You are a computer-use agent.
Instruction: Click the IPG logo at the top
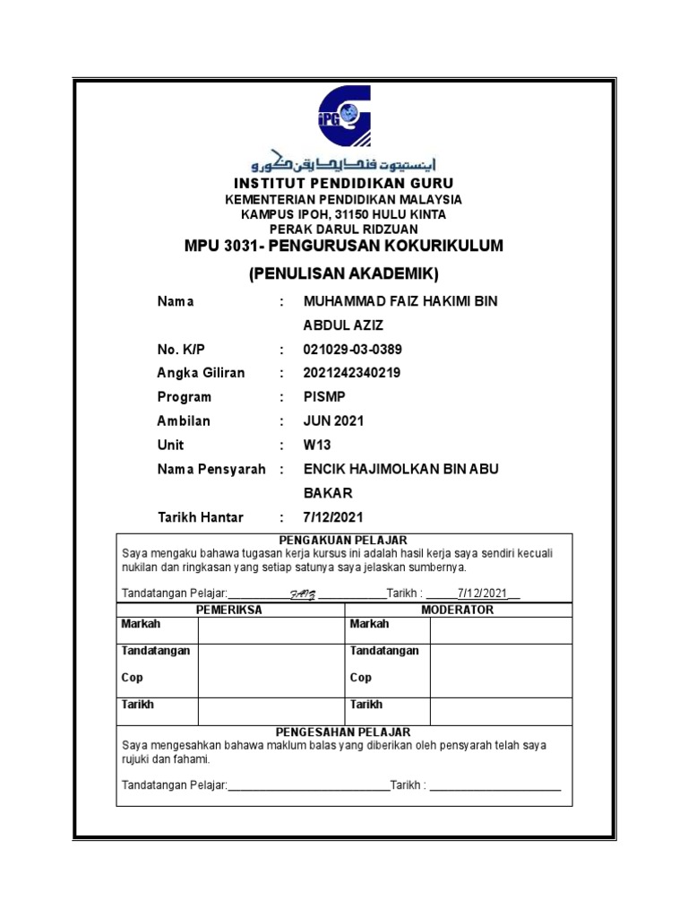click(x=343, y=115)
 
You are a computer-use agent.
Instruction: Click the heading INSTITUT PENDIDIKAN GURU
click(x=344, y=184)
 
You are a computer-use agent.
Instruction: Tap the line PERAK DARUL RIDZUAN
click(x=344, y=229)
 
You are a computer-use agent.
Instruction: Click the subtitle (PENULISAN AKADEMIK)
click(x=344, y=273)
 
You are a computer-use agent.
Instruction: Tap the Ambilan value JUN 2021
click(x=334, y=421)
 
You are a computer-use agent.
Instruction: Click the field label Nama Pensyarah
click(x=211, y=470)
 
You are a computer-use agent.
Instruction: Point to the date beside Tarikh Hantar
click(x=334, y=517)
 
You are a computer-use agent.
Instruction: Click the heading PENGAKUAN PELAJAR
click(x=344, y=540)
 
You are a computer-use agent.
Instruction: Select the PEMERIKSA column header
click(x=229, y=610)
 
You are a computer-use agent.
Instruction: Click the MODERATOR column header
click(x=458, y=610)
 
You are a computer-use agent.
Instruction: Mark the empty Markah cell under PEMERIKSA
click(x=271, y=630)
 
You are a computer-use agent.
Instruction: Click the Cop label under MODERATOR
click(x=361, y=678)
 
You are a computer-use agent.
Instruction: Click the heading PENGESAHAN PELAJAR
click(x=344, y=732)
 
